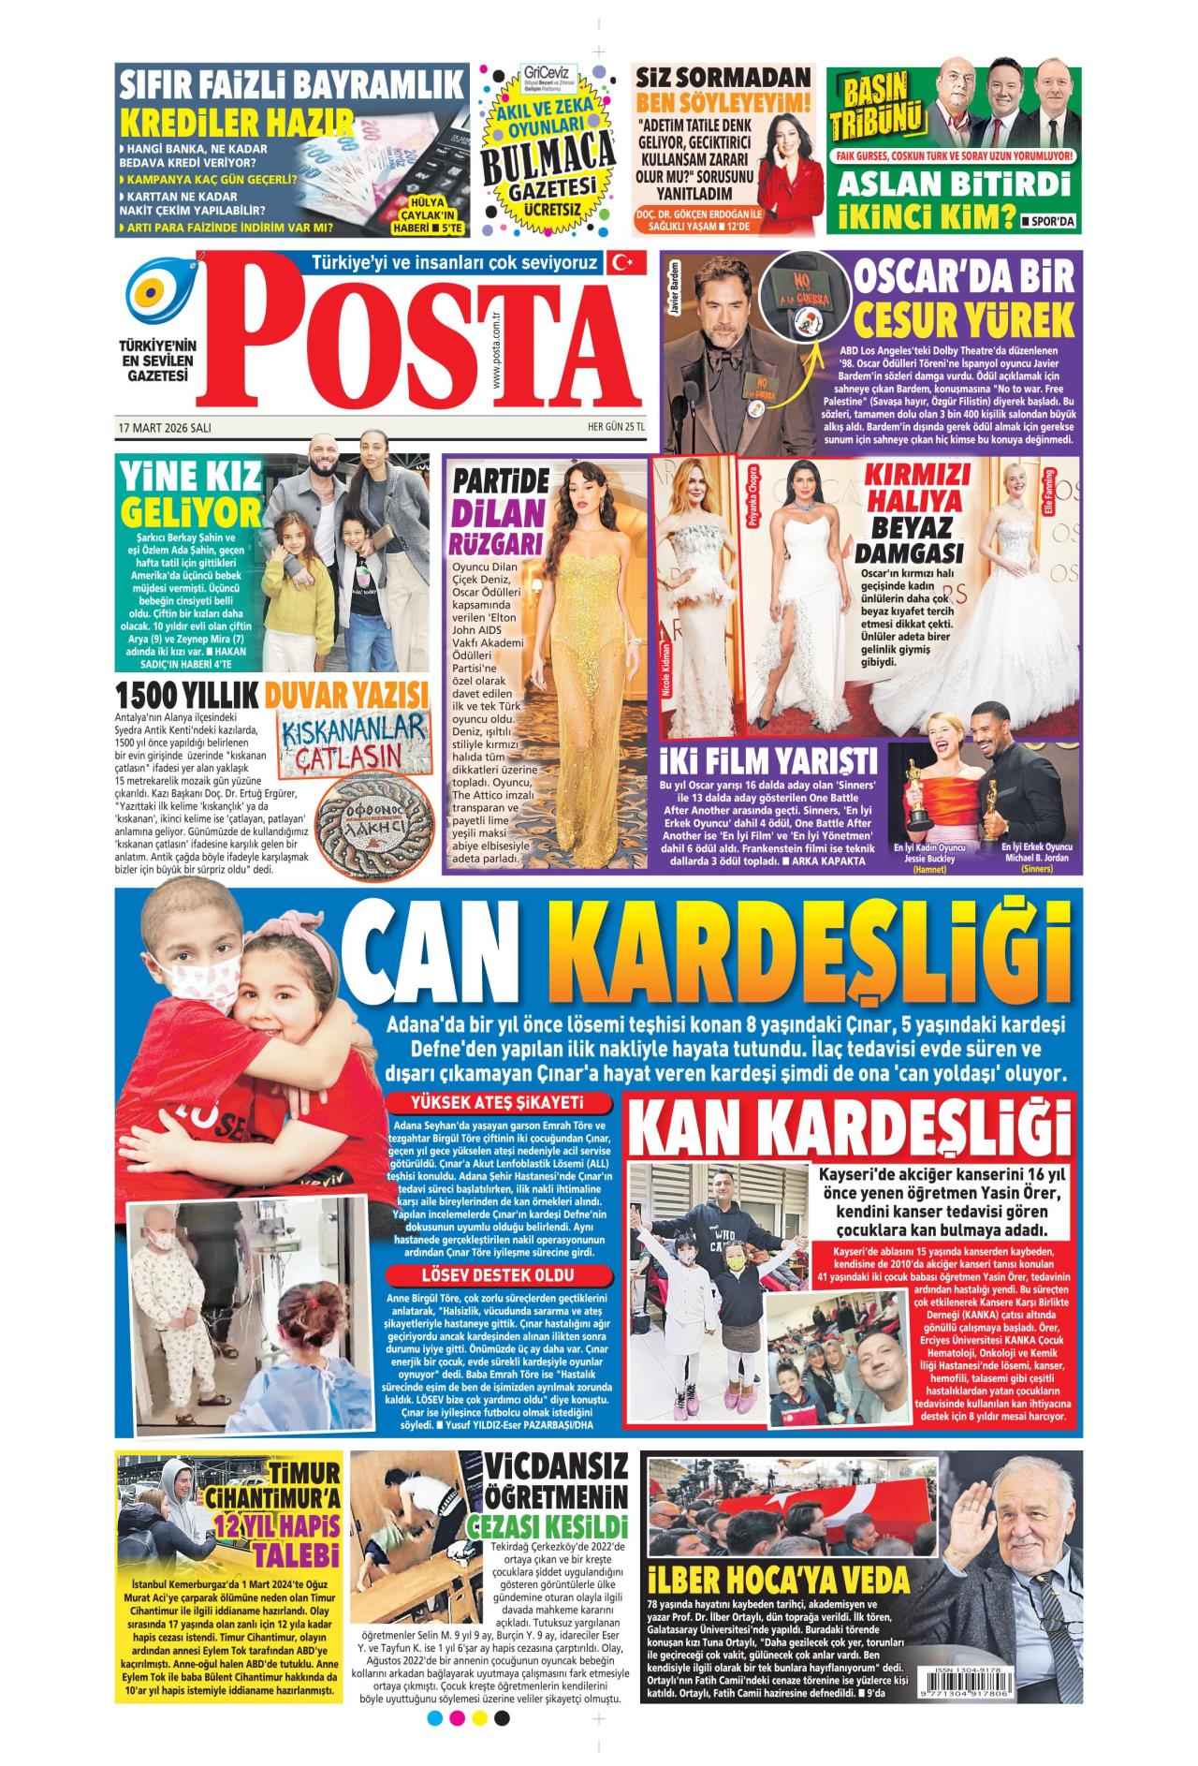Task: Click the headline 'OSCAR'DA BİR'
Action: click(964, 280)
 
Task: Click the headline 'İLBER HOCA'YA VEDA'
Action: click(778, 1581)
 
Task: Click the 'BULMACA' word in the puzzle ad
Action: click(548, 159)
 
